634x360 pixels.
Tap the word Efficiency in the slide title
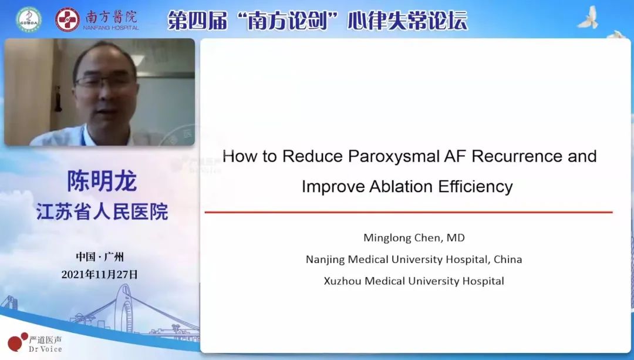(x=475, y=187)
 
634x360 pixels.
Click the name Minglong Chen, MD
(x=414, y=237)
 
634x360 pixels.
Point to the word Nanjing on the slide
(x=325, y=260)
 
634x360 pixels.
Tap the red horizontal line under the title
(x=409, y=212)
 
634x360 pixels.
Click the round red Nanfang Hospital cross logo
(x=68, y=19)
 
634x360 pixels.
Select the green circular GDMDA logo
(x=29, y=19)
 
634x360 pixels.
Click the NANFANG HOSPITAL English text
(x=111, y=28)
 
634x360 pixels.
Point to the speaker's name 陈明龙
(x=102, y=181)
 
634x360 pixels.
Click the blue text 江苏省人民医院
(x=102, y=212)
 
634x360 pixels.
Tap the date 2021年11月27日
(x=99, y=275)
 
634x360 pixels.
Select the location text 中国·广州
(x=100, y=257)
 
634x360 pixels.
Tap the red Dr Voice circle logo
(x=17, y=342)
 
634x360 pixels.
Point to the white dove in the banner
(x=588, y=18)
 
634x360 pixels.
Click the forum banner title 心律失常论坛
(x=407, y=20)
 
